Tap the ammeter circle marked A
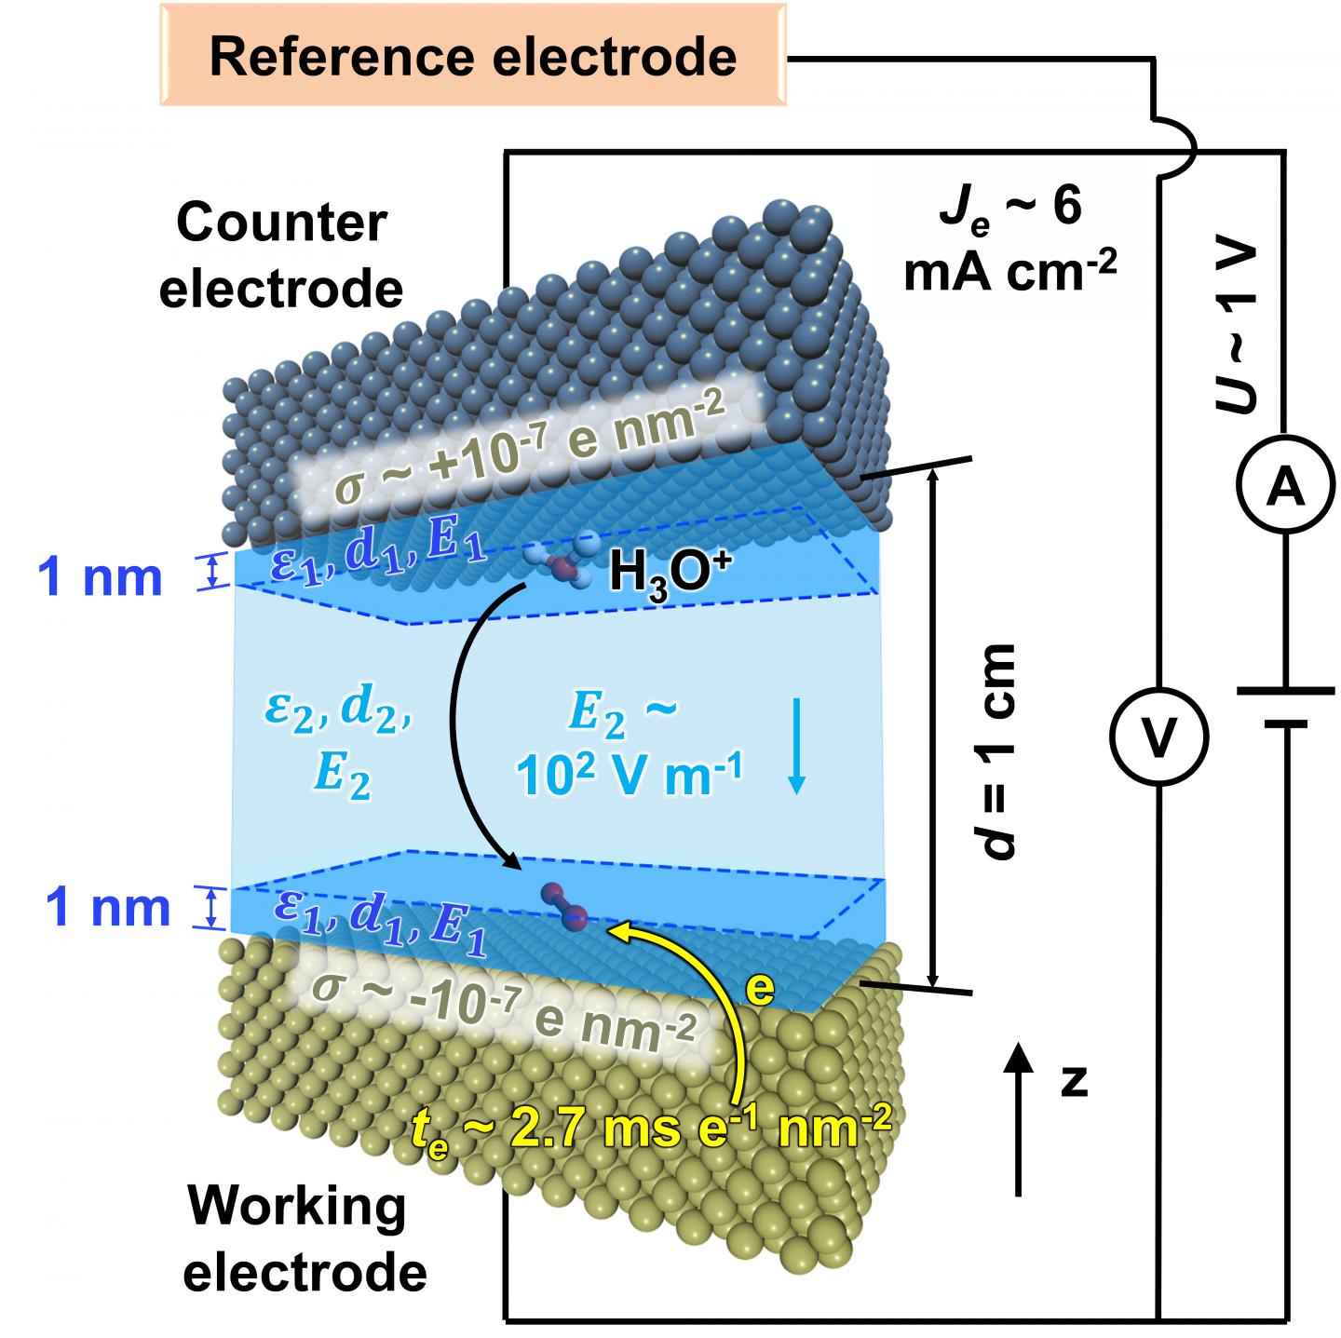[x=1286, y=485]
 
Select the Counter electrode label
[x=281, y=256]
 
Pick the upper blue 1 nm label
[x=101, y=578]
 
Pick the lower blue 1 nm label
[x=108, y=908]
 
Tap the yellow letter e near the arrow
[x=759, y=990]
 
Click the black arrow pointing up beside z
[x=1021, y=1117]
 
